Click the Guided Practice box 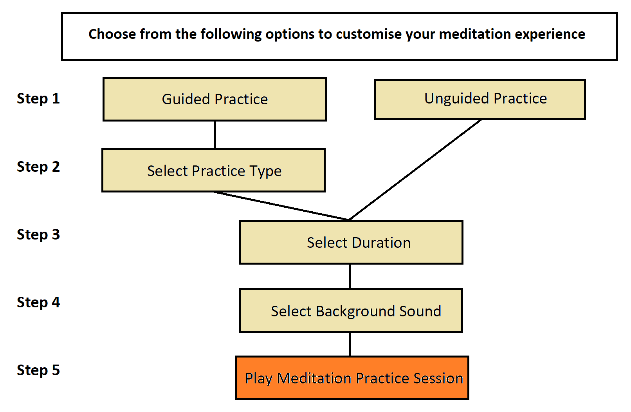(x=215, y=99)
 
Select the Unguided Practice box (x=480, y=99)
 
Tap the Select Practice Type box (x=213, y=171)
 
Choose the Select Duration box (x=351, y=242)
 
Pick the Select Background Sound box (x=351, y=310)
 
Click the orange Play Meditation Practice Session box (x=352, y=378)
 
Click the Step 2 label (x=38, y=167)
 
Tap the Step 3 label (x=38, y=235)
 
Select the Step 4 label (x=38, y=303)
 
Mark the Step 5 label (x=38, y=370)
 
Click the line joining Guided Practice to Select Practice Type (x=215, y=135)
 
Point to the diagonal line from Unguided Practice (x=415, y=170)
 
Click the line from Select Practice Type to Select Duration (x=281, y=206)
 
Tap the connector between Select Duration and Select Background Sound (x=350, y=276)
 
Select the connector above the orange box (x=350, y=344)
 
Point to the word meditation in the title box (x=475, y=34)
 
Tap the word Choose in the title (x=112, y=34)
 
